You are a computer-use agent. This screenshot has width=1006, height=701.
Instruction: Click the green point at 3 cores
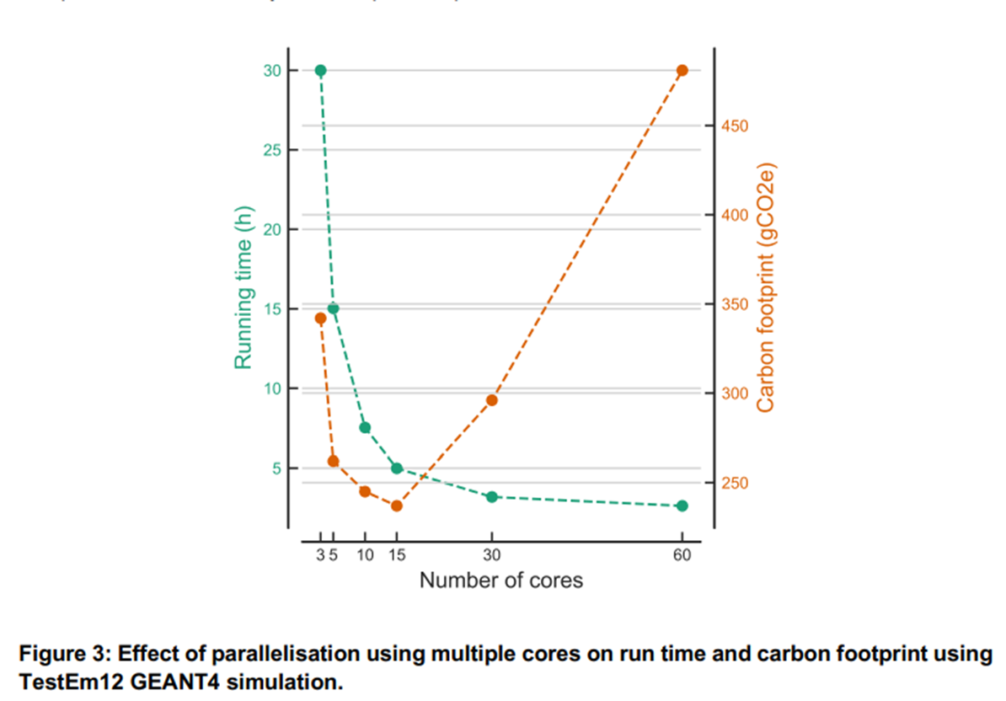pyautogui.click(x=320, y=71)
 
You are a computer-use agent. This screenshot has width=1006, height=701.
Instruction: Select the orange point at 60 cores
pyautogui.click(x=682, y=71)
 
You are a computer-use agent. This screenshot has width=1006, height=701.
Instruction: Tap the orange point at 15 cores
pyautogui.click(x=397, y=506)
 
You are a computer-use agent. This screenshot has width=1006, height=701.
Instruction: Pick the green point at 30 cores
pyautogui.click(x=492, y=497)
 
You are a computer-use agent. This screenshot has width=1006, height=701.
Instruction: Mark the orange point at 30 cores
pyautogui.click(x=492, y=399)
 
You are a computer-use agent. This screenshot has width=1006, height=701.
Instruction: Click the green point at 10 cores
pyautogui.click(x=365, y=428)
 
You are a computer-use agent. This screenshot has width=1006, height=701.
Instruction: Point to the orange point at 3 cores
pyautogui.click(x=320, y=318)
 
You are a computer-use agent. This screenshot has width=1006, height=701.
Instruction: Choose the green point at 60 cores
pyautogui.click(x=682, y=506)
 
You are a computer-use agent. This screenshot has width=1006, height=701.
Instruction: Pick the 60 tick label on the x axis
pyautogui.click(x=682, y=555)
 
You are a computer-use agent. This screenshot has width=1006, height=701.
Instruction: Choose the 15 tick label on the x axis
pyautogui.click(x=397, y=555)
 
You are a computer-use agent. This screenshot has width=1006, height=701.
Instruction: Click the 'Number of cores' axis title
pyautogui.click(x=500, y=581)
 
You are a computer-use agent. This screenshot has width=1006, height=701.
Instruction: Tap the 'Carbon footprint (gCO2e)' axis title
pyautogui.click(x=765, y=287)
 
